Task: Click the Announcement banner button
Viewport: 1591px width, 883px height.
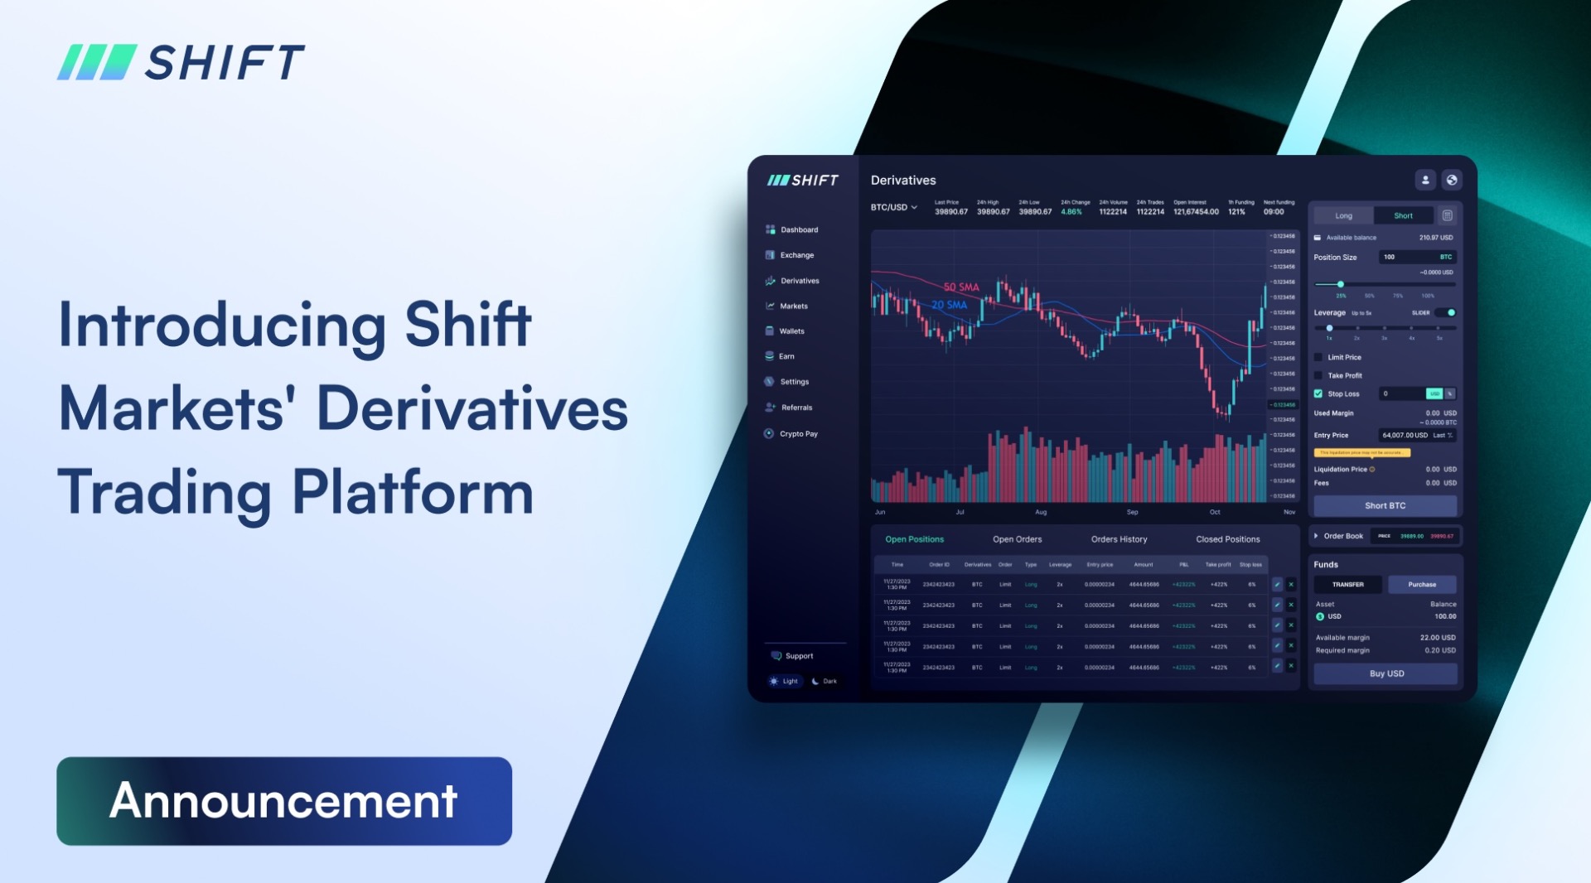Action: tap(283, 800)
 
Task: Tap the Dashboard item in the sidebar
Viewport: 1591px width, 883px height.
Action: tap(798, 229)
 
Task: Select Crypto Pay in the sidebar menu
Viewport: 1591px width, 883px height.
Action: tap(797, 433)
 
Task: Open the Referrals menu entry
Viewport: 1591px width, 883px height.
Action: tap(795, 408)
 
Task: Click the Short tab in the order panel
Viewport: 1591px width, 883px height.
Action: tap(1403, 215)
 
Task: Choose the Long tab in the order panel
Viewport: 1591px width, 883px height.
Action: tap(1343, 215)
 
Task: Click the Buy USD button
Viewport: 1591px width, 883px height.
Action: tap(1385, 673)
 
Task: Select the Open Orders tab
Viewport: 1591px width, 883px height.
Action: tap(1017, 539)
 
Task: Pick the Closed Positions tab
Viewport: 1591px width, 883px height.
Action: tap(1227, 539)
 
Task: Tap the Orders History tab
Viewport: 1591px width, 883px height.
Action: tap(1119, 539)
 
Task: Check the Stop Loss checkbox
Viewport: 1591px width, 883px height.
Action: tap(1318, 393)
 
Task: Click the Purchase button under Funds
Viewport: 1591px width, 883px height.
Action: tap(1421, 584)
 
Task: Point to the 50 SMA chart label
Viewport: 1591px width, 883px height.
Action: tap(961, 287)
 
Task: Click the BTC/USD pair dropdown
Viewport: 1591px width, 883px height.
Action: tap(893, 207)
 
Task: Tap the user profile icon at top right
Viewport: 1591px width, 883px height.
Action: tap(1424, 180)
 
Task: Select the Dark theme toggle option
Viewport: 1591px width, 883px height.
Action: tap(825, 681)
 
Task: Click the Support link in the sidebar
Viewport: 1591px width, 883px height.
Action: tap(798, 656)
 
